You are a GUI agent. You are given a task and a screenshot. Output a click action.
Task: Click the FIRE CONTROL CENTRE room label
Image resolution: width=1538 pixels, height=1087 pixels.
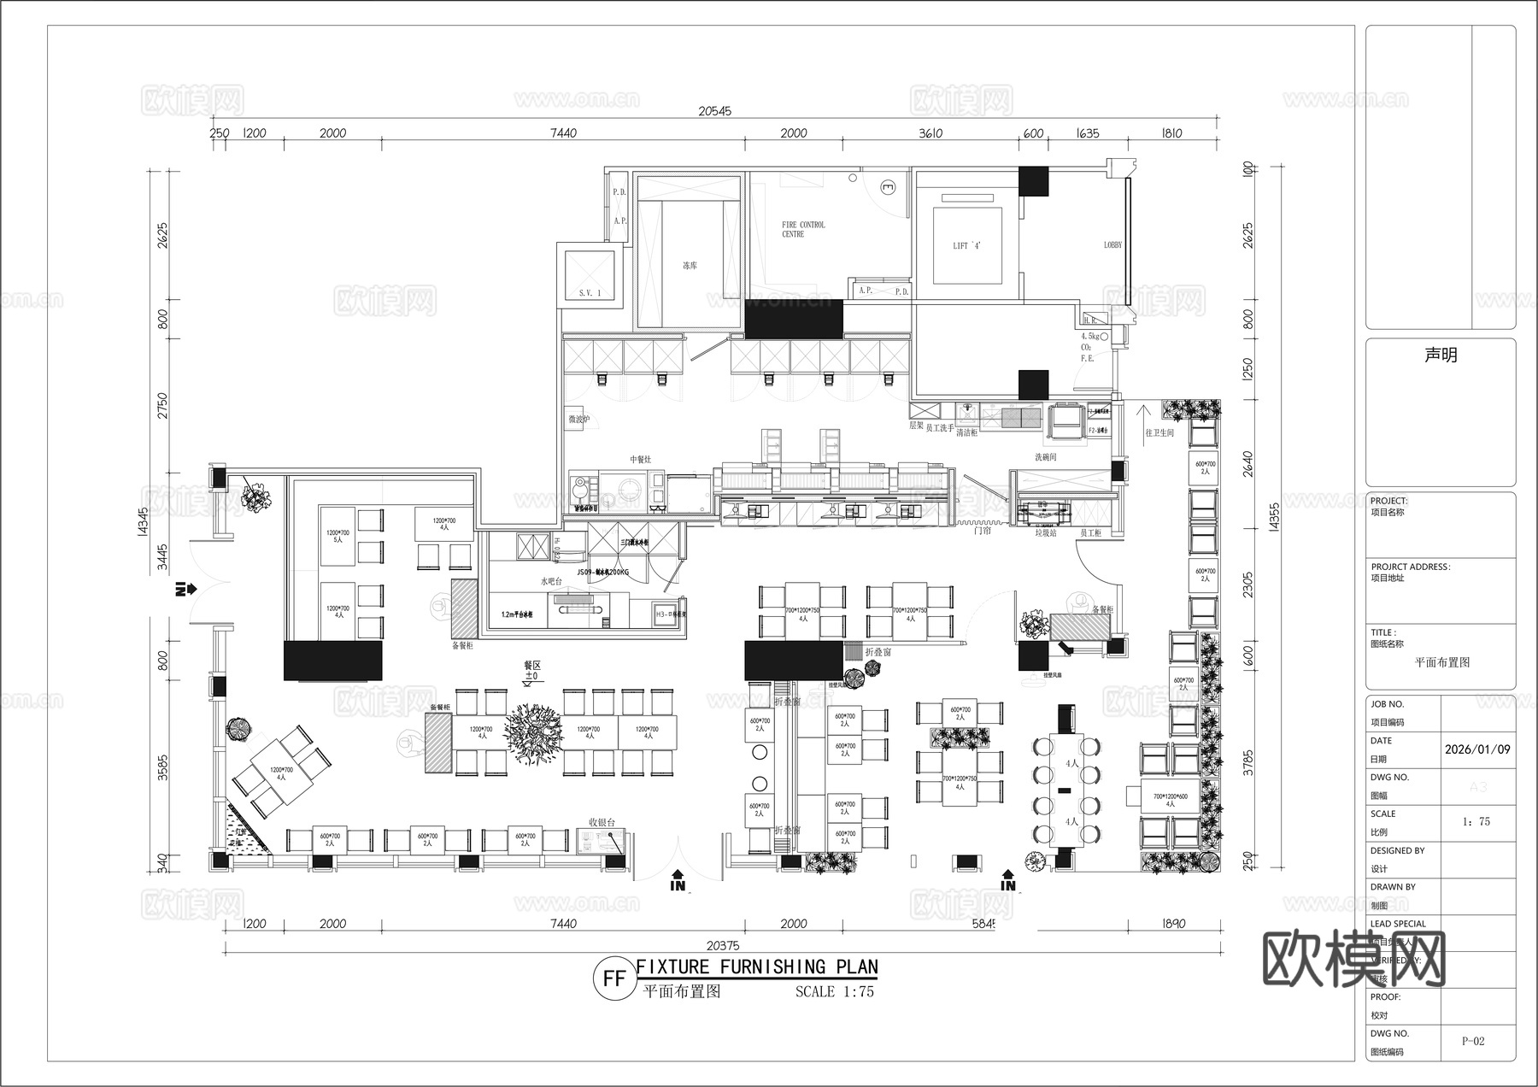coord(803,229)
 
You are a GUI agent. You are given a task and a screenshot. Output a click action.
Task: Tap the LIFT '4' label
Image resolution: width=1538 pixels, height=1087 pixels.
coord(966,246)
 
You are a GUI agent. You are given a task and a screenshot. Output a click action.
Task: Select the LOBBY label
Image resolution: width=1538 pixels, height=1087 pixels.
coord(1112,245)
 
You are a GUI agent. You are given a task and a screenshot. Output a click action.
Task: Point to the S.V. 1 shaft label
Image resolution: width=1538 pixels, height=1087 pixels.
coord(590,293)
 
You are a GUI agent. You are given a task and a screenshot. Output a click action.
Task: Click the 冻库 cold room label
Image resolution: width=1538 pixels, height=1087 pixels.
coord(690,266)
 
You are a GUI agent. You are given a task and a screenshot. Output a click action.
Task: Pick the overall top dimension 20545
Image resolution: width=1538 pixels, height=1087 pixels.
coord(714,111)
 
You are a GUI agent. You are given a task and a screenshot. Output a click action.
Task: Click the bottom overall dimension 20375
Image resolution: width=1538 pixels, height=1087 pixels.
coord(723,945)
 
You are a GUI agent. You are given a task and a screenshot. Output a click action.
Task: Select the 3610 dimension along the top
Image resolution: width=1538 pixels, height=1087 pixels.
coord(930,133)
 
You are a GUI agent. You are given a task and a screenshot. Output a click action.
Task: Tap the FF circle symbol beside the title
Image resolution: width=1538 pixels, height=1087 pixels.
coord(614,978)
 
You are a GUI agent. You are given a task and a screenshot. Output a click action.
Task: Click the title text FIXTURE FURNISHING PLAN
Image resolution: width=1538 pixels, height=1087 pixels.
coord(757,967)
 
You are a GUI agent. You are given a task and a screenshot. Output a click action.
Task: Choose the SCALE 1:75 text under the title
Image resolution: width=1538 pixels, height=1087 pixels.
coord(834,992)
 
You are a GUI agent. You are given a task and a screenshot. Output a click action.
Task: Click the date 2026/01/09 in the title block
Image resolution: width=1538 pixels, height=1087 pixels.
coord(1477,749)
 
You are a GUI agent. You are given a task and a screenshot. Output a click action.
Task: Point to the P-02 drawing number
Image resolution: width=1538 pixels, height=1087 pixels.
coord(1473,1041)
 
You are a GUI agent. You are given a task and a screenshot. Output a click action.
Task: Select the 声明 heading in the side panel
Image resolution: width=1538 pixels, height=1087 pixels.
coord(1441,355)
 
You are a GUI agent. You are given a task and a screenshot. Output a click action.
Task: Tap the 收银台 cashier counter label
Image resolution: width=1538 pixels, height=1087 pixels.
coord(602,822)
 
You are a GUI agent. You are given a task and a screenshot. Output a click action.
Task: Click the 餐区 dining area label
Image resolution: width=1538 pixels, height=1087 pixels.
coord(532,665)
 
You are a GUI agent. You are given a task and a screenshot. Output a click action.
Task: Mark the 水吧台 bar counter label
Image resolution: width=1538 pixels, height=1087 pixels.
coord(551,581)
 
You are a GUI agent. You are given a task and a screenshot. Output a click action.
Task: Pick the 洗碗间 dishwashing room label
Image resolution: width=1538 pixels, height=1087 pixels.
coord(1046,457)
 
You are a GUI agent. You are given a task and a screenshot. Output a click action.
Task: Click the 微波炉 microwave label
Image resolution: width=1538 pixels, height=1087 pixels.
coord(579,420)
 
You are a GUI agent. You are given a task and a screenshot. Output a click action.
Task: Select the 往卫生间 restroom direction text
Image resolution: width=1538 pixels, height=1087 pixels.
coord(1159,433)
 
